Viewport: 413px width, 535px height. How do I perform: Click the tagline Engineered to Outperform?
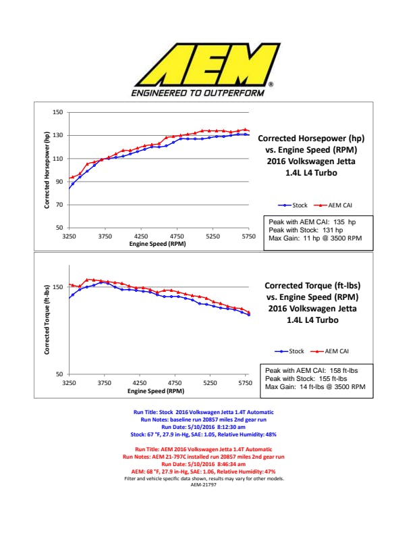[x=198, y=93]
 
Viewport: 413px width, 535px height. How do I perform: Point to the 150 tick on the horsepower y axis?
[x=58, y=112]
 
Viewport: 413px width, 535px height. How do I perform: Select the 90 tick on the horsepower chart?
[x=59, y=182]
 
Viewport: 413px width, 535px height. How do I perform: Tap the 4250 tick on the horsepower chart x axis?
[x=141, y=237]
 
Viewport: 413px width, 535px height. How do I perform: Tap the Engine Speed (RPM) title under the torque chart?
[x=157, y=390]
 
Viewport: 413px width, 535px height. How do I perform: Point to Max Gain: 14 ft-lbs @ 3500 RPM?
[x=315, y=387]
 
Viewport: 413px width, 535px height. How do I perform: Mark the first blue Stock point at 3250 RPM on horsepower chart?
[x=70, y=187]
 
